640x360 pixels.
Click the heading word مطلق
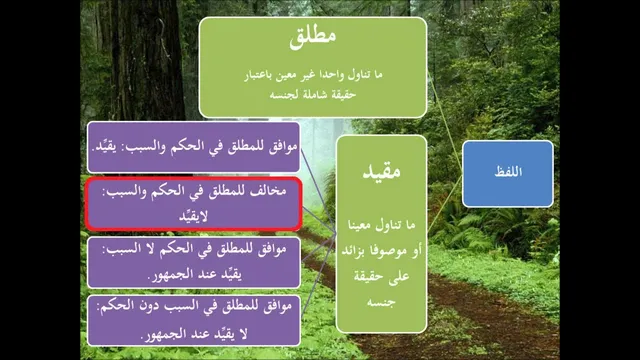pyautogui.click(x=313, y=36)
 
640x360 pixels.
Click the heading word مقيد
pyautogui.click(x=381, y=171)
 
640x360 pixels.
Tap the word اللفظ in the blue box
pyautogui.click(x=508, y=171)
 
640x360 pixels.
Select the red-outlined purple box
pyautogui.click(x=193, y=204)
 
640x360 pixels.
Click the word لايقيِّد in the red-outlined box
pyautogui.click(x=193, y=217)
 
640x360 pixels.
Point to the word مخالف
pyautogui.click(x=268, y=191)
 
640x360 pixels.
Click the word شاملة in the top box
pyautogui.click(x=312, y=95)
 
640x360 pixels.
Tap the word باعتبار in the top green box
pyautogui.click(x=260, y=75)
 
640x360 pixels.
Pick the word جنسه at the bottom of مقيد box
pyautogui.click(x=381, y=302)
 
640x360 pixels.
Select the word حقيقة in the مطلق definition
pyautogui.click(x=344, y=95)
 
